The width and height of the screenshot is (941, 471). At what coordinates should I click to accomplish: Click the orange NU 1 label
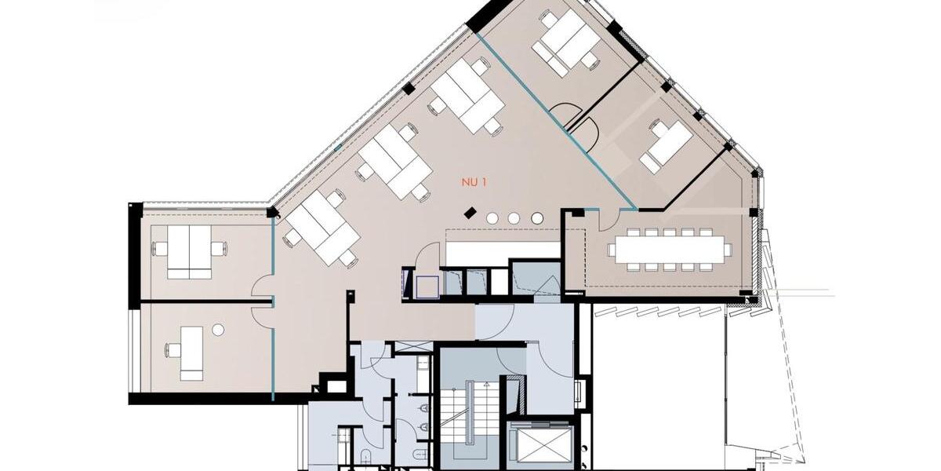pyautogui.click(x=474, y=182)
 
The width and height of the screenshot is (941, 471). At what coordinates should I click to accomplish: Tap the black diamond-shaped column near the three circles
pyautogui.click(x=470, y=212)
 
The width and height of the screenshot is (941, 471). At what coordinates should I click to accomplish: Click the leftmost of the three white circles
pyautogui.click(x=492, y=217)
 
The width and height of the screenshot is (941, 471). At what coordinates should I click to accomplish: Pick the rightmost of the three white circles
pyautogui.click(x=536, y=217)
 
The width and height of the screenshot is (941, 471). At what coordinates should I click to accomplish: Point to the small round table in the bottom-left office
pyautogui.click(x=218, y=330)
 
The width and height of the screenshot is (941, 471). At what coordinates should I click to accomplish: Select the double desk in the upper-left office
pyautogui.click(x=190, y=251)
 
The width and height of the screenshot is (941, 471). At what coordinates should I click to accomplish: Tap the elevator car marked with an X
pyautogui.click(x=540, y=446)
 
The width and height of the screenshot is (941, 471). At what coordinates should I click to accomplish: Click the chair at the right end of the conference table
pyautogui.click(x=727, y=250)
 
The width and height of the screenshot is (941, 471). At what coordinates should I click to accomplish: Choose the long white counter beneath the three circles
pyautogui.click(x=479, y=254)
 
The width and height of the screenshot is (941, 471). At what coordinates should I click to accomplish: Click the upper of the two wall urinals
pyautogui.click(x=424, y=408)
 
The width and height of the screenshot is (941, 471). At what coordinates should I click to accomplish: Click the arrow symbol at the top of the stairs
pyautogui.click(x=486, y=385)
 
